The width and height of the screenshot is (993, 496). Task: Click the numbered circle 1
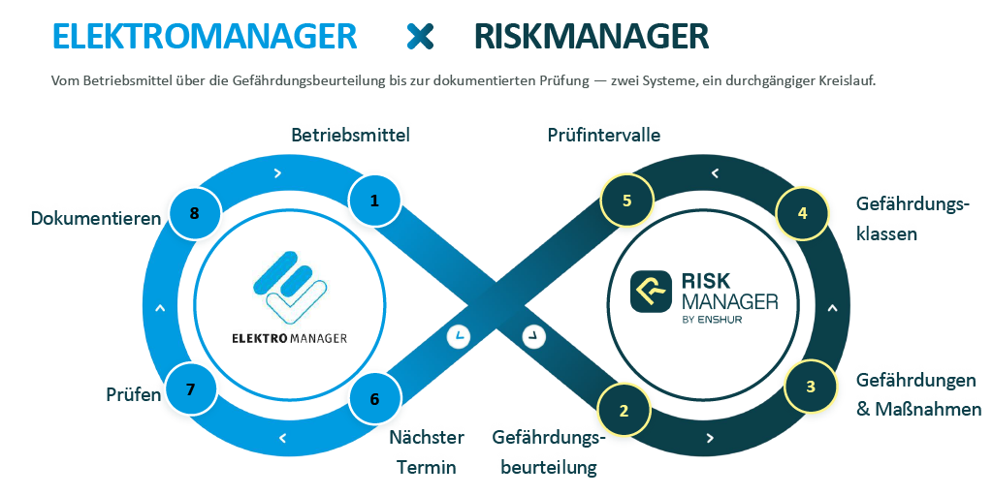point(375,201)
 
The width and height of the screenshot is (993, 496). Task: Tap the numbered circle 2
point(624,411)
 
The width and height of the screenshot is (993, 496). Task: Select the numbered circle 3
point(811,387)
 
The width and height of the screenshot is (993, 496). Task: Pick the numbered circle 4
point(802,213)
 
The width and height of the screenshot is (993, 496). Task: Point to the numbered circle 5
point(627,201)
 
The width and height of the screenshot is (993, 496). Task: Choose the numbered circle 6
point(375,399)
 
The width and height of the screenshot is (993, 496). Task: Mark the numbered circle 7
point(191,389)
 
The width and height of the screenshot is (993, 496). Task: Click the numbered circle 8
point(194,213)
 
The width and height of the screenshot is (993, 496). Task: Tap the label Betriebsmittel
point(350,135)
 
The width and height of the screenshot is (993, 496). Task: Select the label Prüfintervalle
point(604,135)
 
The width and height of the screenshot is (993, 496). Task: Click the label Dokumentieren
point(96,218)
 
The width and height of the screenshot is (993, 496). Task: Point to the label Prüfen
point(134,395)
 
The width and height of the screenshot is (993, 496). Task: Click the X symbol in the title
point(421,36)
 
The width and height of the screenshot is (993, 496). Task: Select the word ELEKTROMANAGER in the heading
point(205,36)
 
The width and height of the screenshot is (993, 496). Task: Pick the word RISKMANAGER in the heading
point(592,36)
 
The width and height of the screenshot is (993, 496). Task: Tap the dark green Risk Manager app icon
point(651,291)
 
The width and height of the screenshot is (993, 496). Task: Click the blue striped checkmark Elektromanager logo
point(290,289)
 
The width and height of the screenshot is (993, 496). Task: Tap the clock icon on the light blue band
point(459,336)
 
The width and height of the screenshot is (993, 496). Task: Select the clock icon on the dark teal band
point(534,336)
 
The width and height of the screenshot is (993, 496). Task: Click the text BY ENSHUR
point(713,320)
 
